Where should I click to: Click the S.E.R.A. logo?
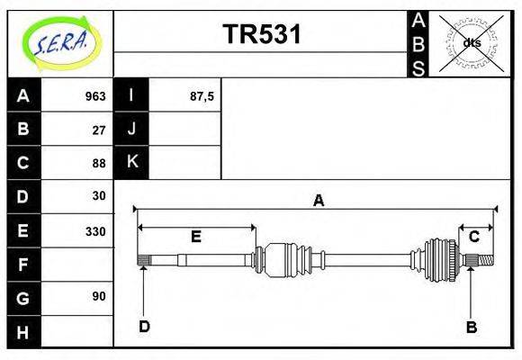pos(60,42)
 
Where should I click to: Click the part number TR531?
pos(261,34)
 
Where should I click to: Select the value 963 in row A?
pos(95,96)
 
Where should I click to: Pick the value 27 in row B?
pos(99,130)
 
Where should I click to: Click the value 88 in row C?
pos(99,163)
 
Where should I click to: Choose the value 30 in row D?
pos(99,196)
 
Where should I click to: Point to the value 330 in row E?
pos(95,231)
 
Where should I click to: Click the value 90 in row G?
pos(99,296)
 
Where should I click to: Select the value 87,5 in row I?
pos(202,96)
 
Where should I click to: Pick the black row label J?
pos(131,130)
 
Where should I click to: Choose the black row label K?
pos(131,163)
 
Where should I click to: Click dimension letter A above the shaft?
pos(318,201)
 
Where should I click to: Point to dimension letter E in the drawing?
pos(195,237)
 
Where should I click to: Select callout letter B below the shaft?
pos(471,327)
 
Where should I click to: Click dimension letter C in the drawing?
pos(474,236)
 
